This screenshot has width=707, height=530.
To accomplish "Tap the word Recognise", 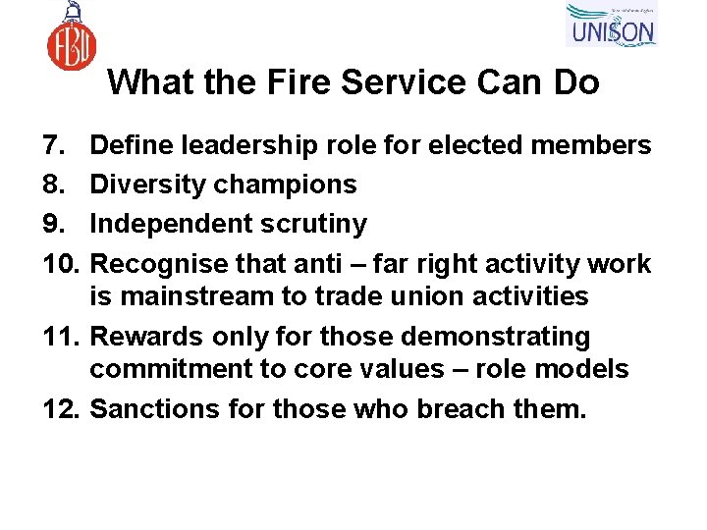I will point(163,264).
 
